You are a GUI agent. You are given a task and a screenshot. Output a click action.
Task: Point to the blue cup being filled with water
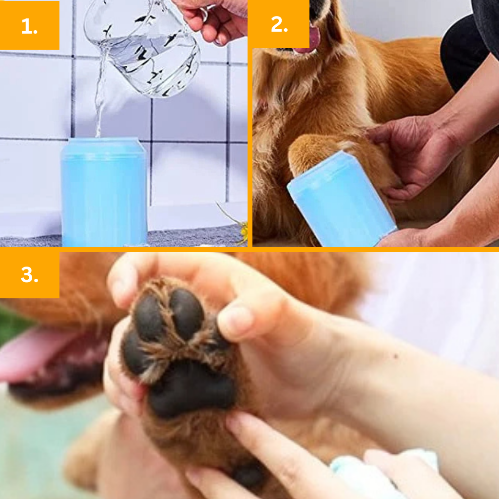point(104,192)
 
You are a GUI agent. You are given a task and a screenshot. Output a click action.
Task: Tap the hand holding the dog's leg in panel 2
point(410,156)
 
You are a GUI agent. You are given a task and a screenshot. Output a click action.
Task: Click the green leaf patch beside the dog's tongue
point(13,325)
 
